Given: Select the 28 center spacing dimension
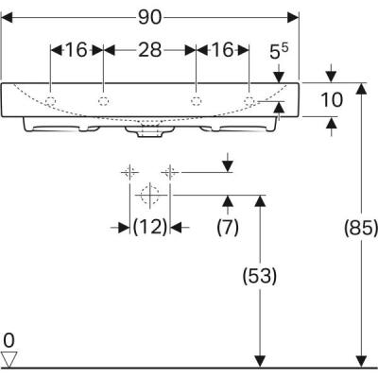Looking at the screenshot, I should (148, 50).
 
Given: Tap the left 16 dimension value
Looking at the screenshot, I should (76, 50).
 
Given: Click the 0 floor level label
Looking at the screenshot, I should (9, 339).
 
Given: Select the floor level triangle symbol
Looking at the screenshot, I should (9, 358).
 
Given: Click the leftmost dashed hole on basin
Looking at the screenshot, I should (51, 100).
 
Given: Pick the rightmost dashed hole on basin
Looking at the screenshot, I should (249, 100).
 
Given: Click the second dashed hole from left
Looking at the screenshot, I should (102, 100).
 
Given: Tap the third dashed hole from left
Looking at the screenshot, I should (196, 100).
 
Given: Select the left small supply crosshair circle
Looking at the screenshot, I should (128, 172).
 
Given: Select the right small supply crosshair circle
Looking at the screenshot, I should (169, 172).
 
